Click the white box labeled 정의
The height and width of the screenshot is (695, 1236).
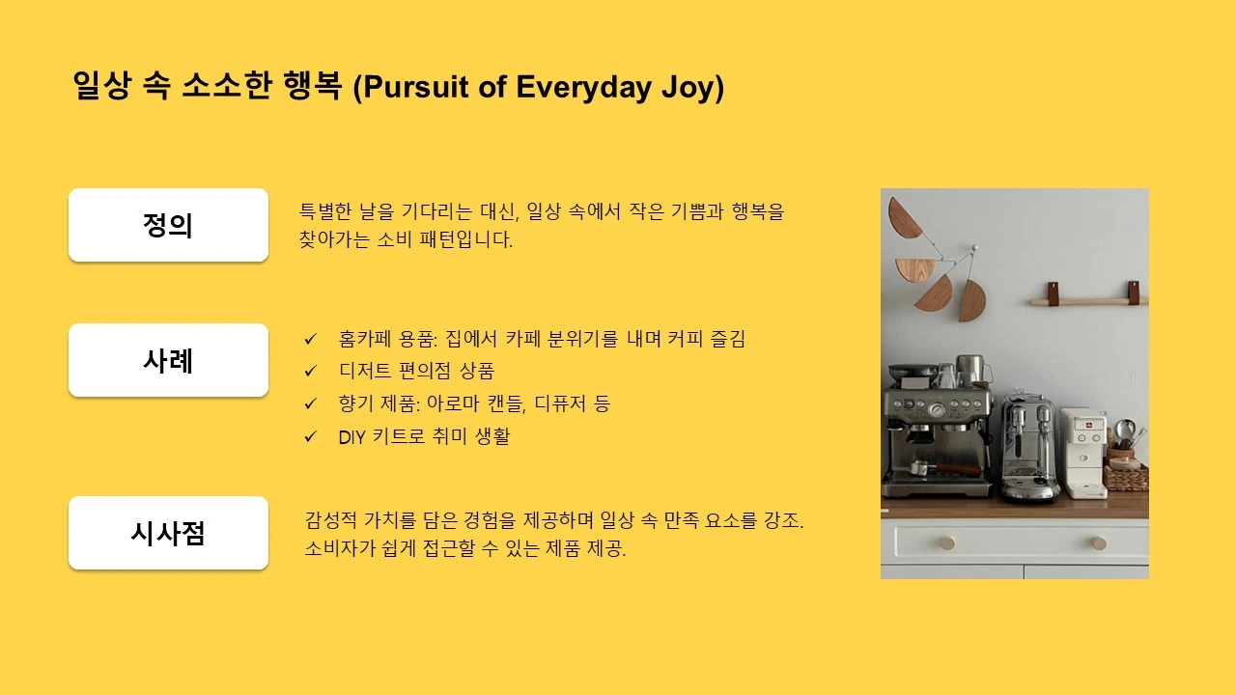click(x=168, y=225)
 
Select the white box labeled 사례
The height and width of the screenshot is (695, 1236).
click(x=168, y=360)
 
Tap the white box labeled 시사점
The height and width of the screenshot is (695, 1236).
click(x=168, y=533)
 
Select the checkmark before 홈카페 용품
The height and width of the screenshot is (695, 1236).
click(x=311, y=339)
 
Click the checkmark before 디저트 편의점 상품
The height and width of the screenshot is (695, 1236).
click(x=311, y=371)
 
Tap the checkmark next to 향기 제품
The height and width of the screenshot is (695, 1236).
click(x=311, y=403)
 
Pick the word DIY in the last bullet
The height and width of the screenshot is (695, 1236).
click(x=353, y=436)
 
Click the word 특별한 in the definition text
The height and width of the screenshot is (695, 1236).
click(x=324, y=212)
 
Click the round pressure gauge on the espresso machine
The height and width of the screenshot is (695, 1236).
click(x=936, y=409)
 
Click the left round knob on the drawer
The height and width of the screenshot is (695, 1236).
click(x=947, y=542)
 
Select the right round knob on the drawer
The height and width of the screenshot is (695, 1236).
click(x=1098, y=542)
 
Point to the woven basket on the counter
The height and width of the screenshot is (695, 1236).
click(x=1126, y=477)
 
